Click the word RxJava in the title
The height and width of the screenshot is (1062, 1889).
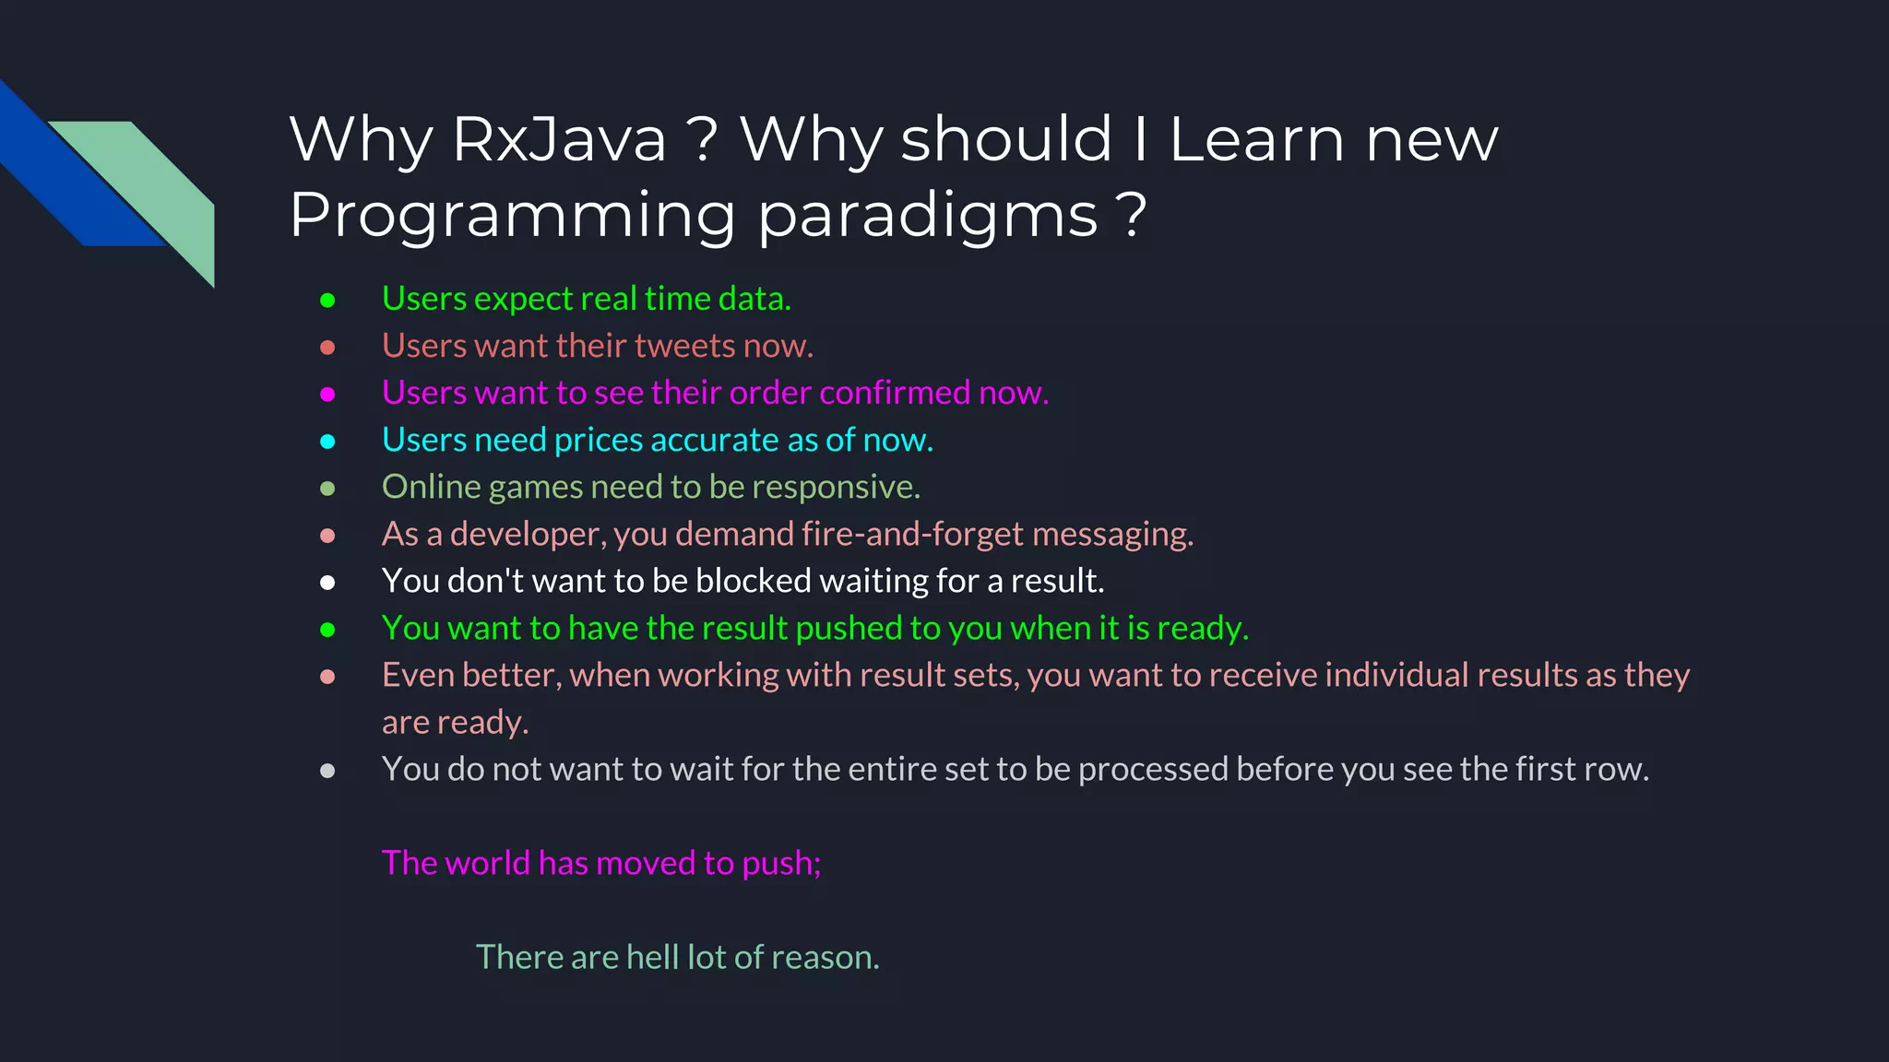[559, 140]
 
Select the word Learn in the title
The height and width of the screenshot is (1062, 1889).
[1256, 140]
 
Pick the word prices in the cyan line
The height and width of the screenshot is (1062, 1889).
[599, 441]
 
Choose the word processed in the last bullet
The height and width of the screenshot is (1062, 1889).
[1152, 769]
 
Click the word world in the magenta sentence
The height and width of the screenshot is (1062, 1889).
[487, 863]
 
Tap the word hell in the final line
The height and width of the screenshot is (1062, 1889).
[652, 957]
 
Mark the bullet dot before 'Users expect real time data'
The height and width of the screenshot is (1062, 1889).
[327, 300]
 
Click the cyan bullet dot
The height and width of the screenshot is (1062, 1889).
[327, 442]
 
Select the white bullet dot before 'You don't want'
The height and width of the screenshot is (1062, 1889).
[327, 583]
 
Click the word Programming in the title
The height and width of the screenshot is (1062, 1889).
[512, 216]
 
